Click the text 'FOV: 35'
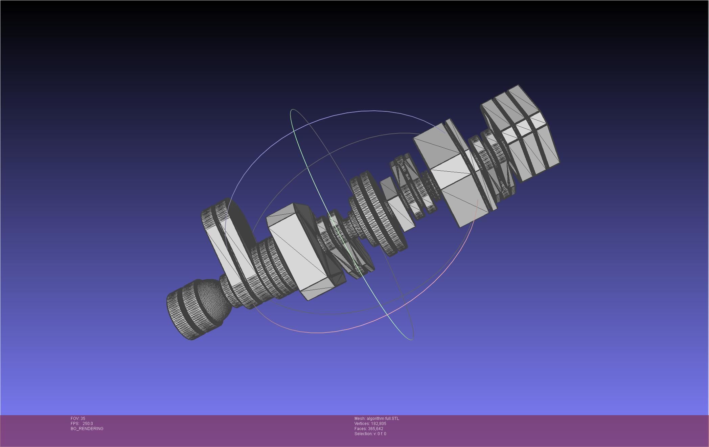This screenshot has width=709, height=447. (78, 419)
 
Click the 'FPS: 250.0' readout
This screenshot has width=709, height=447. (82, 424)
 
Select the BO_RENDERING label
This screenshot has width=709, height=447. (87, 429)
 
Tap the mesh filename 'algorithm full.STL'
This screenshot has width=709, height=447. (383, 419)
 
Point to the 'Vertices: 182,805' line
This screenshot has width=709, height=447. (370, 424)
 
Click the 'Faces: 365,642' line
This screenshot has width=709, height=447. (369, 429)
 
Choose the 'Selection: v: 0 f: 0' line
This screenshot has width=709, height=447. (370, 434)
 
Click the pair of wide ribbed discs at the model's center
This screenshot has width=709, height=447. (377, 213)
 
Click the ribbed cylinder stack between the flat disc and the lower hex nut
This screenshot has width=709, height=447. (267, 271)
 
